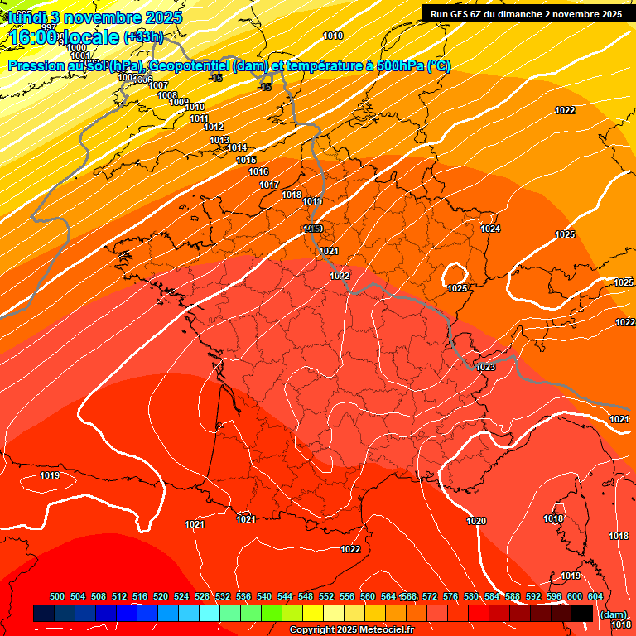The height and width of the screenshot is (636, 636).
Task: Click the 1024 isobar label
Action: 490,229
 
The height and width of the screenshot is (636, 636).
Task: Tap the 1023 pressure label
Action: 485,367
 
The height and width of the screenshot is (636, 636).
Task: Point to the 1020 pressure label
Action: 476,521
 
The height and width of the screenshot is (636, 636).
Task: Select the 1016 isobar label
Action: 258,171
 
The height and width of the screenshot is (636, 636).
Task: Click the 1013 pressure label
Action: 219,140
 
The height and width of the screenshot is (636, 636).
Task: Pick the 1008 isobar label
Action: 167,95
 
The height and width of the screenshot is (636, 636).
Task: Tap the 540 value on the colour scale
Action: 264,596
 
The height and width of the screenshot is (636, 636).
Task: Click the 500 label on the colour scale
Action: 57,596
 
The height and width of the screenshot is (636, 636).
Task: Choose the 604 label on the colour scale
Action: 595,596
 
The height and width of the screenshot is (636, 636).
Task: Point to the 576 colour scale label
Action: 450,596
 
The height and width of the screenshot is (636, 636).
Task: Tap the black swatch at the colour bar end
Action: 582,613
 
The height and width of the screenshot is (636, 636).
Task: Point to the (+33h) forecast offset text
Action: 142,36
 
